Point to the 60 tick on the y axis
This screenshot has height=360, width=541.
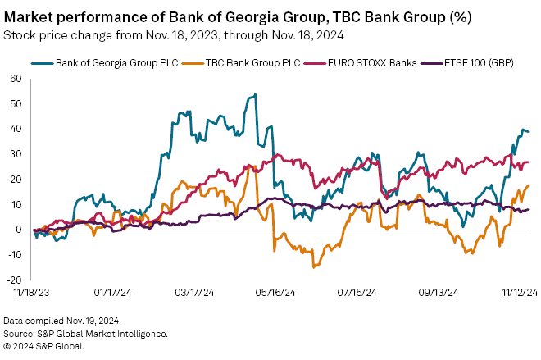(16, 79)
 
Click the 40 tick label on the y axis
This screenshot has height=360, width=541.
(16, 129)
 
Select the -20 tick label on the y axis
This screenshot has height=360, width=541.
(14, 280)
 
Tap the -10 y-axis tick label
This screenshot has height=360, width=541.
(14, 254)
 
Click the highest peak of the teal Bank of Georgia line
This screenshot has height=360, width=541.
(256, 94)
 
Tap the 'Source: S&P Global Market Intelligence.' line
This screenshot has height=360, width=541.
(85, 333)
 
